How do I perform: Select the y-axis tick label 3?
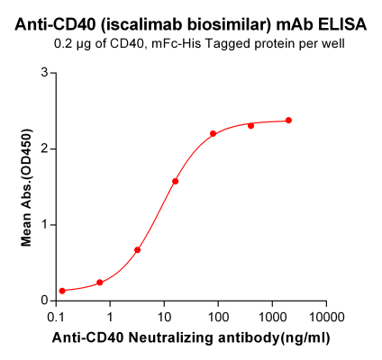point(43,73)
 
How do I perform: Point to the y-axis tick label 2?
point(43,148)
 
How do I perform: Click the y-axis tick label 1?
point(43,224)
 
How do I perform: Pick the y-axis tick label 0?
point(43,300)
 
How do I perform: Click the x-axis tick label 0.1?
point(56,318)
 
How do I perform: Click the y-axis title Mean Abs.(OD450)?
point(26,186)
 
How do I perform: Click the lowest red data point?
point(62,291)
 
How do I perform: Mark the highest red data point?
point(288,121)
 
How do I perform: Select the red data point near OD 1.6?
point(175,181)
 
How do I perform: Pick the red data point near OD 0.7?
point(137,250)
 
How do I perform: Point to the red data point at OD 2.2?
point(214,134)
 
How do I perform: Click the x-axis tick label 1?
point(110,318)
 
